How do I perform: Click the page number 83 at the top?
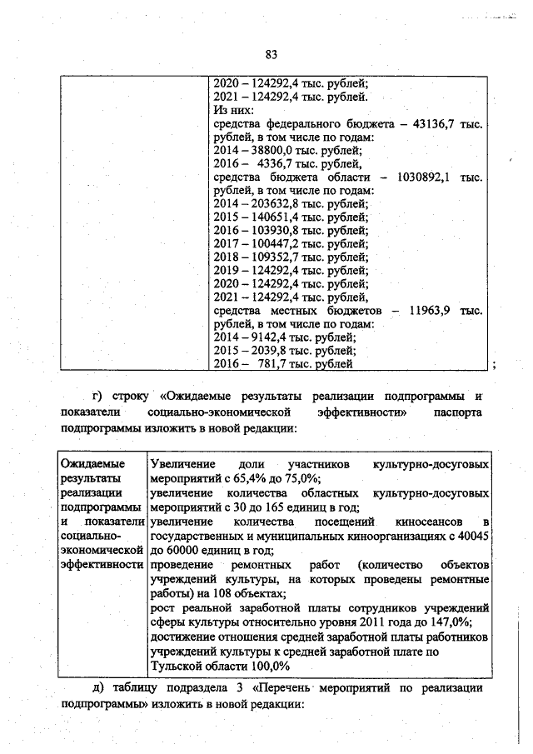click(x=271, y=54)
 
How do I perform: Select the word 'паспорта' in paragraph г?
click(x=458, y=412)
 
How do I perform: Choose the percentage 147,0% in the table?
click(x=449, y=622)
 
